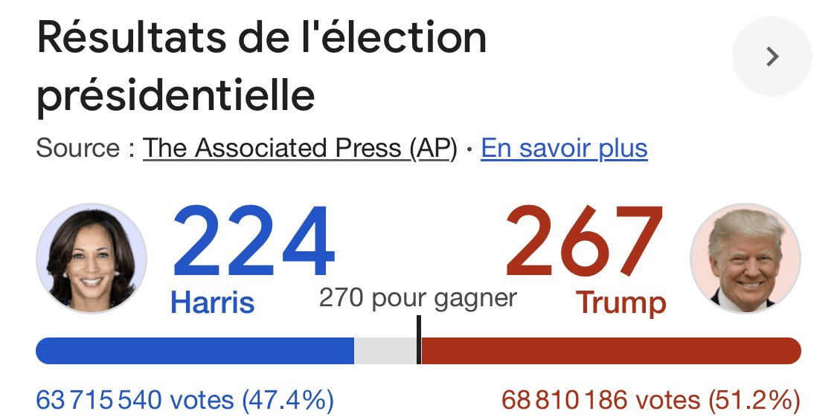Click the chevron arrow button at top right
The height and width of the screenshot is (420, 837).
point(772,57)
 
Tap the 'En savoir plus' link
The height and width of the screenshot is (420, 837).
point(564,148)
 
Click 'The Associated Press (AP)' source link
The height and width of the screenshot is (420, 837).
point(299,148)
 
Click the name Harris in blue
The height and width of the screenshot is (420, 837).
point(212,303)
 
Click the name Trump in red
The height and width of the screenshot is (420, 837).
point(620,303)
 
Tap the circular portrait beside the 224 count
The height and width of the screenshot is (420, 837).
point(92,258)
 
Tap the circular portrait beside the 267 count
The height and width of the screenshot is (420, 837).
point(745,258)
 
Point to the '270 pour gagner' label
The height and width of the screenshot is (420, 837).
point(417,298)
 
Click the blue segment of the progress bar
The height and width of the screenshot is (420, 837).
point(194,350)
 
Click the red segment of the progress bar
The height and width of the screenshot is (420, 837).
point(610,350)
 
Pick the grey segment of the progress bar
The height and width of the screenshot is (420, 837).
point(385,350)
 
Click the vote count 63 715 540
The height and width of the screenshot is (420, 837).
point(98,401)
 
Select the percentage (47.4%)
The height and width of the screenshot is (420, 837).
point(287,401)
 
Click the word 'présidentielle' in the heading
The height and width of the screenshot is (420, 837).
point(176,95)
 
